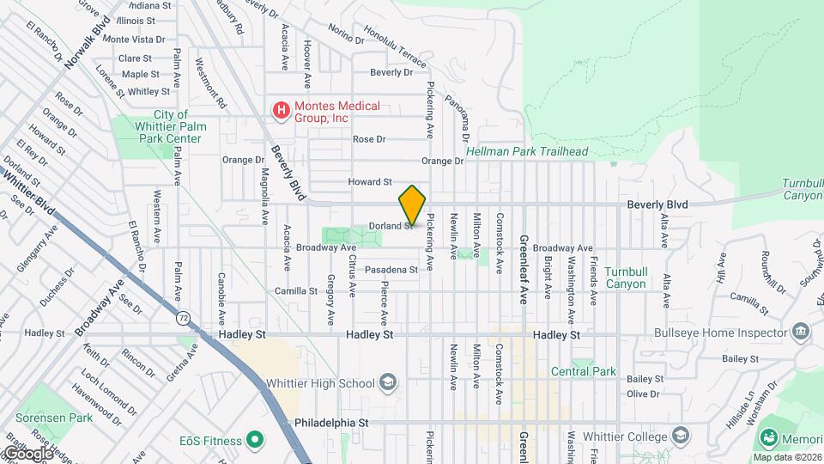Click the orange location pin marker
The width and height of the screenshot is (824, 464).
coord(412,205)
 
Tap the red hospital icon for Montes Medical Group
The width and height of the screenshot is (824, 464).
coord(280,110)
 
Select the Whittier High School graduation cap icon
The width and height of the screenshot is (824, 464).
coord(388,383)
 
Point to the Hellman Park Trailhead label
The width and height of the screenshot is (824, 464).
coord(527,152)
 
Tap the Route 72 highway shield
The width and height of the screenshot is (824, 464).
coord(184,318)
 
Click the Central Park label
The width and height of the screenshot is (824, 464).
coord(584,371)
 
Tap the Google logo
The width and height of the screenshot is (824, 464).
coord(27,453)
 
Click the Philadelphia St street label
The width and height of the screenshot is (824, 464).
coord(330,423)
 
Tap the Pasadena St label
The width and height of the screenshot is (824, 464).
coord(391,270)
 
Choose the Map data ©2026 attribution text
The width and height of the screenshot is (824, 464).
coord(788,457)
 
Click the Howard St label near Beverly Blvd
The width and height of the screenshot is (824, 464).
coord(369,182)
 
